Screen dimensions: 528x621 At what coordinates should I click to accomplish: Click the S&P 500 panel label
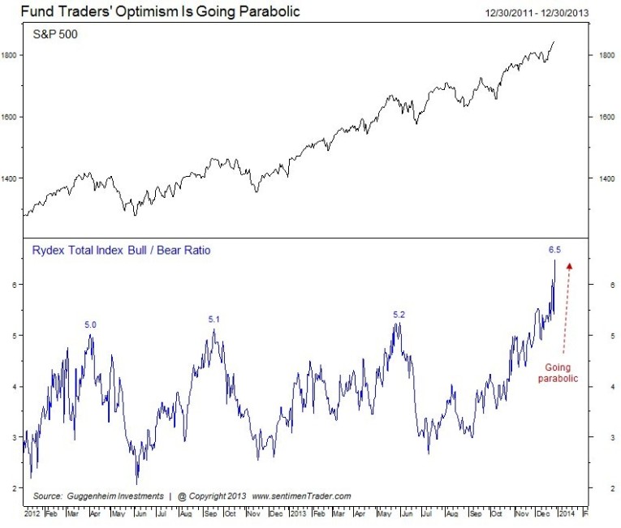click(56, 36)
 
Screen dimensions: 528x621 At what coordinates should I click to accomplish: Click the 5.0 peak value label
click(91, 324)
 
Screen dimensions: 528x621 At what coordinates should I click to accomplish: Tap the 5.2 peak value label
click(398, 314)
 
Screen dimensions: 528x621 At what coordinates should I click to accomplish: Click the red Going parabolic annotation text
click(558, 372)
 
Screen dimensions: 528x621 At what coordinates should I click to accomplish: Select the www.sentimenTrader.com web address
click(301, 495)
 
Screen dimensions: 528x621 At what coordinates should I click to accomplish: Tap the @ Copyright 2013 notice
click(212, 495)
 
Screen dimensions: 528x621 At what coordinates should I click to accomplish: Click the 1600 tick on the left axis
click(12, 117)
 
